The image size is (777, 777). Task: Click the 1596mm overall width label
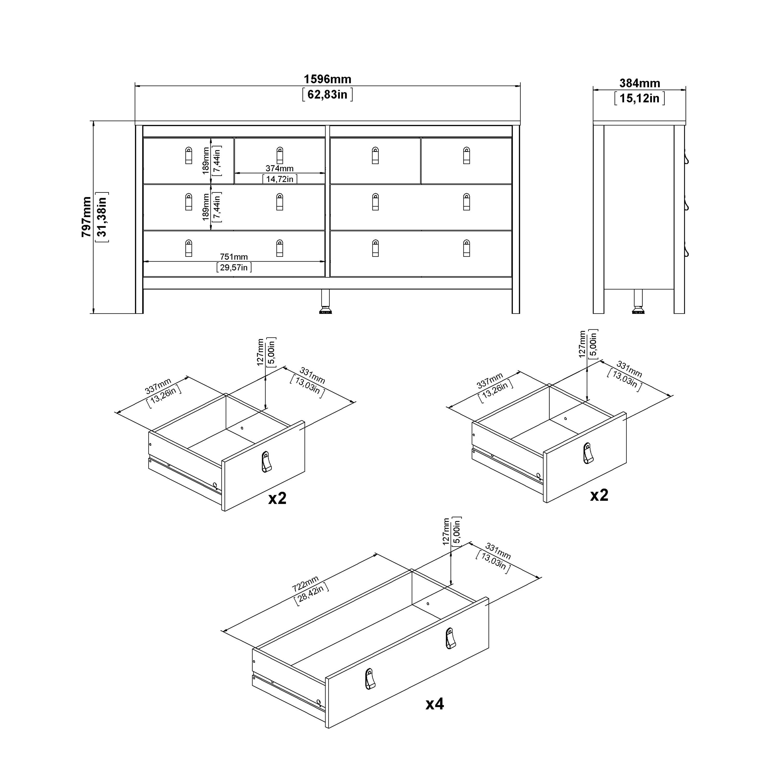327,79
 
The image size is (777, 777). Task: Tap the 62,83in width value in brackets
327,95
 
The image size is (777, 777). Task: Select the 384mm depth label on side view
639,83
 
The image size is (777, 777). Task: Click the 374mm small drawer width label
279,169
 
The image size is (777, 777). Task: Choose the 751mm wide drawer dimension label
234,257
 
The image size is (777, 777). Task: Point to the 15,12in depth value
639,98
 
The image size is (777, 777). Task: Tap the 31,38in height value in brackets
102,217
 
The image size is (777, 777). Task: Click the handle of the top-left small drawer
189,156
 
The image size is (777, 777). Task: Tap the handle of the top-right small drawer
466,156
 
